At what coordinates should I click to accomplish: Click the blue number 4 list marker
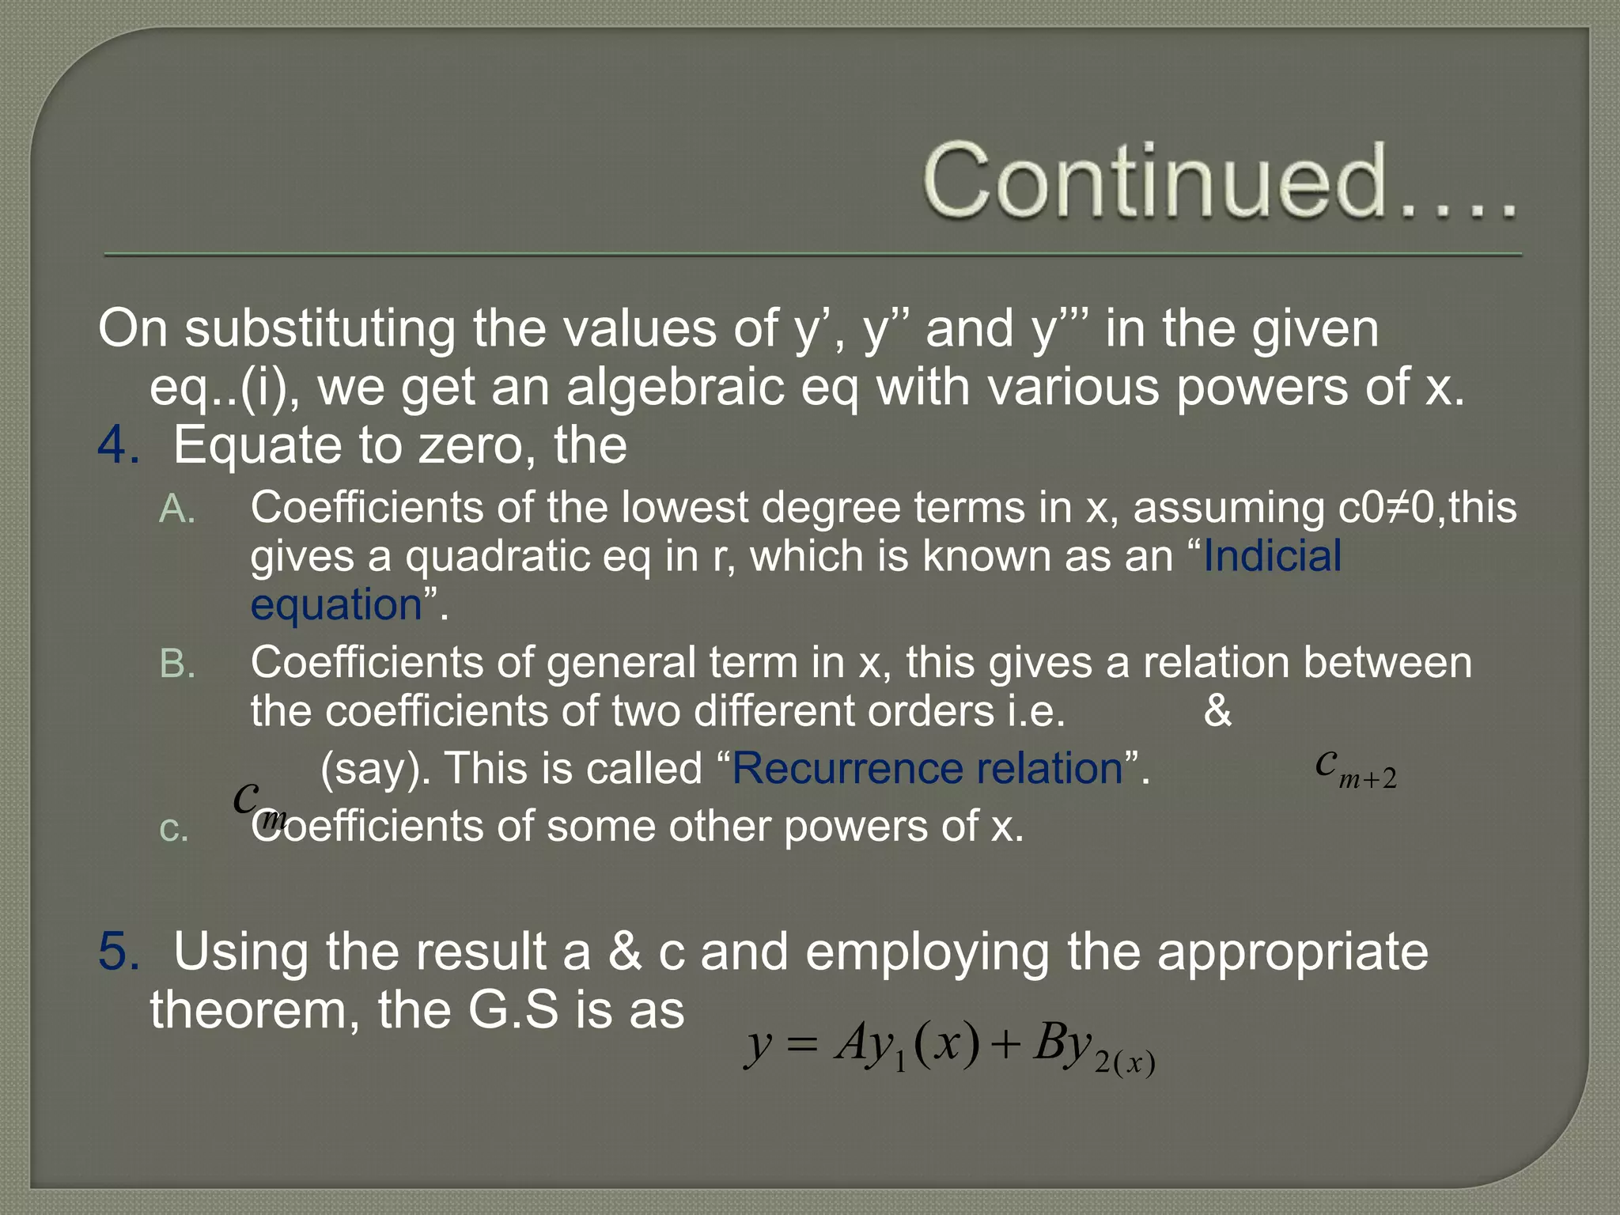pyautogui.click(x=117, y=445)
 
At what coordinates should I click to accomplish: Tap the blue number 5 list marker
pyautogui.click(x=117, y=951)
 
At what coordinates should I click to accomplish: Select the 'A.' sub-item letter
pyautogui.click(x=177, y=509)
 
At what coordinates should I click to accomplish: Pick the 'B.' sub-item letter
pyautogui.click(x=177, y=664)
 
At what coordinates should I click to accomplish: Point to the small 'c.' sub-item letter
pyautogui.click(x=174, y=829)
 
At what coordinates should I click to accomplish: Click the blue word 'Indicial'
pyautogui.click(x=1272, y=556)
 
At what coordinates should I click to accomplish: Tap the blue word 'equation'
pyautogui.click(x=336, y=606)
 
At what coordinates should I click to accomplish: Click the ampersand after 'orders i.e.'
pyautogui.click(x=1217, y=711)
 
